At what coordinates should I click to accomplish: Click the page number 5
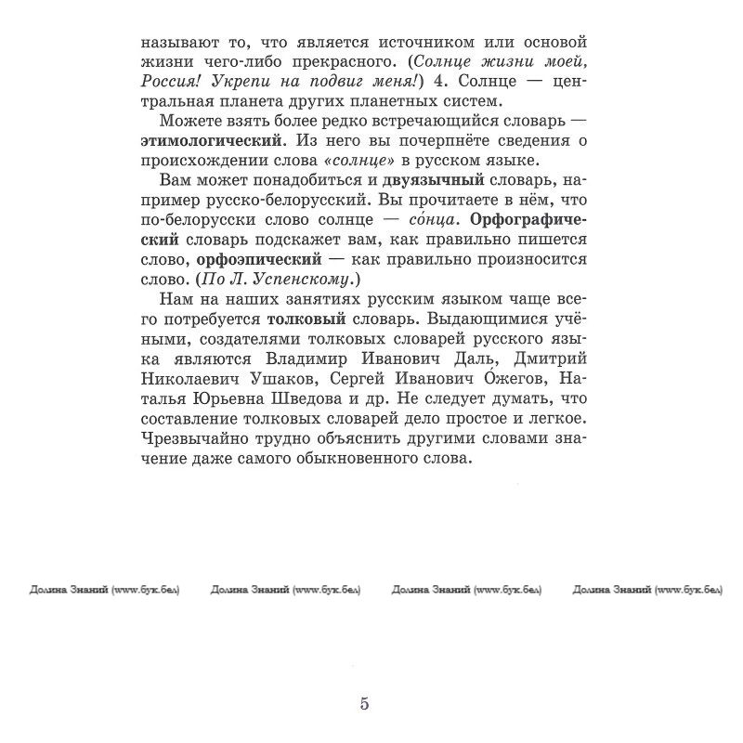click(365, 703)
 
